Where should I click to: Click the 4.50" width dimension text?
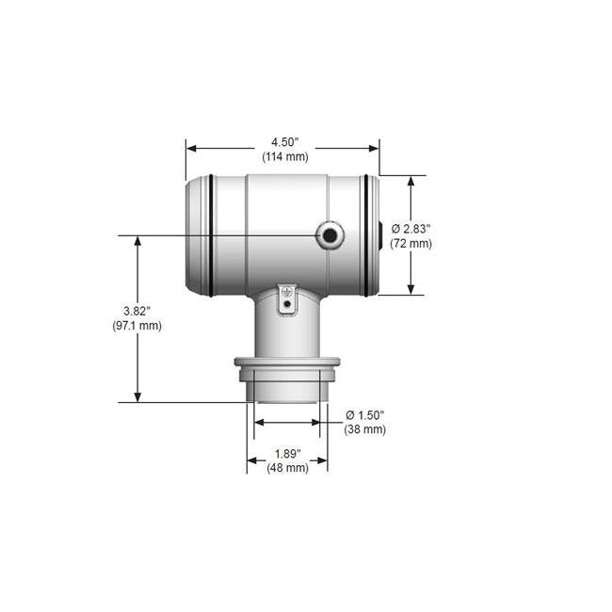pyautogui.click(x=282, y=142)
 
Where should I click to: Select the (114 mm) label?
pyautogui.click(x=282, y=157)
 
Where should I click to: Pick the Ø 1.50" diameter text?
pyautogui.click(x=365, y=414)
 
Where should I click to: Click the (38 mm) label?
pyautogui.click(x=365, y=429)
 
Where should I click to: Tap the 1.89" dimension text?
pyautogui.click(x=287, y=453)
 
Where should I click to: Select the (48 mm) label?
pyautogui.click(x=287, y=468)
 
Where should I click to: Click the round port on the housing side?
pyautogui.click(x=330, y=235)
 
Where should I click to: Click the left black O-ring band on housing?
pyautogui.click(x=212, y=235)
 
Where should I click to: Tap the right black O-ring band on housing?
pyautogui.click(x=366, y=235)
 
